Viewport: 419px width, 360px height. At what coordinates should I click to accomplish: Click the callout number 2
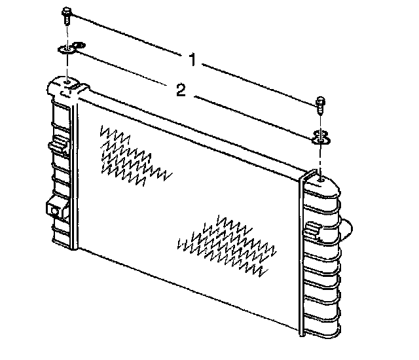pyautogui.click(x=181, y=90)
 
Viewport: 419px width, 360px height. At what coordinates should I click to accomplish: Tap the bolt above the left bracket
pyautogui.click(x=67, y=16)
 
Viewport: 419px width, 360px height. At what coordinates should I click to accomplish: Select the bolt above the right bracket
pyautogui.click(x=320, y=105)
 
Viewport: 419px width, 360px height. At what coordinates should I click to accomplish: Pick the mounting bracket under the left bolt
pyautogui.click(x=71, y=48)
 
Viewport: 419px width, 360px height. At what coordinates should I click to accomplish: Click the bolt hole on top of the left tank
pyautogui.click(x=67, y=81)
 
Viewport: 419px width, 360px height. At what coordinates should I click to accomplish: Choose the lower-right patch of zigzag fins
pyautogui.click(x=227, y=245)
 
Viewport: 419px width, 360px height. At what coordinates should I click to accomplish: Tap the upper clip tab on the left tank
pyautogui.click(x=58, y=145)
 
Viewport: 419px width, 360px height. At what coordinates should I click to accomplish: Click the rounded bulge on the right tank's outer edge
pyautogui.click(x=346, y=229)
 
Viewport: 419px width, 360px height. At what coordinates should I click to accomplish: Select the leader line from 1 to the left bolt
pyautogui.click(x=127, y=35)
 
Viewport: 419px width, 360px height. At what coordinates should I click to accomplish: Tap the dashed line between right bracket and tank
pyautogui.click(x=320, y=160)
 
